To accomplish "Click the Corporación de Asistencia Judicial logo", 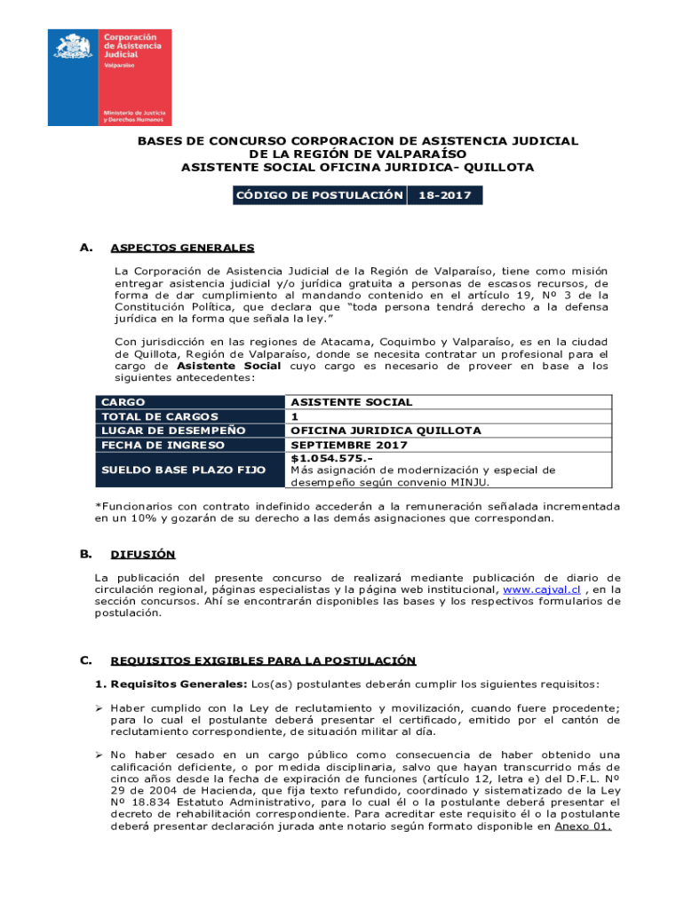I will [x=109, y=77].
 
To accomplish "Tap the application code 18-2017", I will [x=444, y=195].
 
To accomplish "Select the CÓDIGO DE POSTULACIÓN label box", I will [x=318, y=195].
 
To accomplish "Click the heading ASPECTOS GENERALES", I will [x=182, y=248].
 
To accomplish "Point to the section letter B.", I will [x=86, y=554].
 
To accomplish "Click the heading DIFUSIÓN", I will [x=142, y=555].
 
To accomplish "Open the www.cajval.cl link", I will [x=542, y=589].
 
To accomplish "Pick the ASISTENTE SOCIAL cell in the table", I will [x=352, y=402].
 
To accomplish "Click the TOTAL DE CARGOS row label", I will [x=160, y=416].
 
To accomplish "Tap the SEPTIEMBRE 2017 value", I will [x=349, y=445].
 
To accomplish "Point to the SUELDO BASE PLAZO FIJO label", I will [x=184, y=470].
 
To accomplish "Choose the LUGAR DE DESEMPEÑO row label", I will [x=173, y=431].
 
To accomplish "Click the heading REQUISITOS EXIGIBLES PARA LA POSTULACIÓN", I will [x=263, y=660].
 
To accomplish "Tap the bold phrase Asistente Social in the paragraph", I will [x=229, y=366].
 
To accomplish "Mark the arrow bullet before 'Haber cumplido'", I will [x=100, y=707].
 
